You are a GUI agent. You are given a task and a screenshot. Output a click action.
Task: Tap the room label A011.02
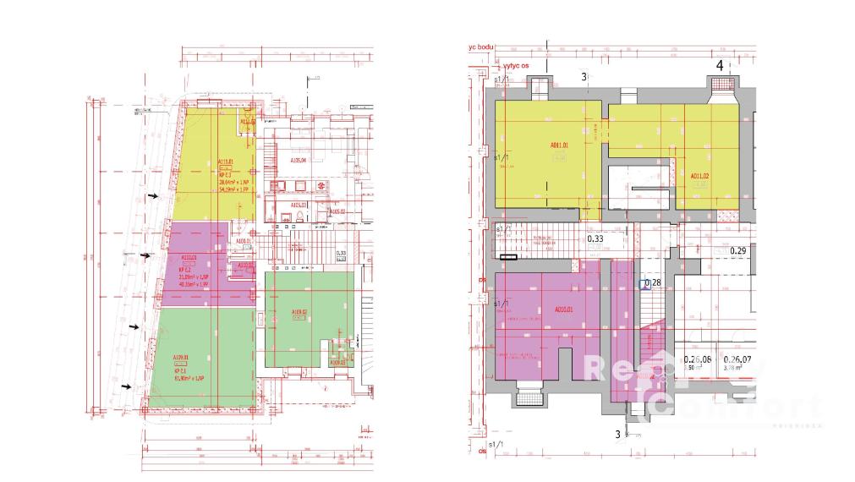699,176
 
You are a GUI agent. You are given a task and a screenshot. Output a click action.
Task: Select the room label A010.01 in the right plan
565,309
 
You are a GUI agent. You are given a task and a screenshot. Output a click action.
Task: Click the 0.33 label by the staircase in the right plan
595,238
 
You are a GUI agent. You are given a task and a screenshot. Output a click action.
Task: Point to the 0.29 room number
737,251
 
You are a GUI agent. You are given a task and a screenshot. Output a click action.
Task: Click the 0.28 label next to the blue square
653,282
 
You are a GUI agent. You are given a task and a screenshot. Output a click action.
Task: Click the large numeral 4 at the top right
720,65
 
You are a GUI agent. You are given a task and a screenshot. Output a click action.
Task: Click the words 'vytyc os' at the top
522,64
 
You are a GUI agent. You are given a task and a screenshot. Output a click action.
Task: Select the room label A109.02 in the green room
299,313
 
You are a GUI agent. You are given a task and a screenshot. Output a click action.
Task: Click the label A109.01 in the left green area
181,357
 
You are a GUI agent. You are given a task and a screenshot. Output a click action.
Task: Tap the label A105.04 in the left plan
298,160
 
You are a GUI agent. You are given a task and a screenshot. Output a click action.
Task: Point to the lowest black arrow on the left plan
128,386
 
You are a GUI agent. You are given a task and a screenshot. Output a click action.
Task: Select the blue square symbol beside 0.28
644,286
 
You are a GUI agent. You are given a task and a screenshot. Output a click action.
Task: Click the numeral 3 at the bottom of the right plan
618,434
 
